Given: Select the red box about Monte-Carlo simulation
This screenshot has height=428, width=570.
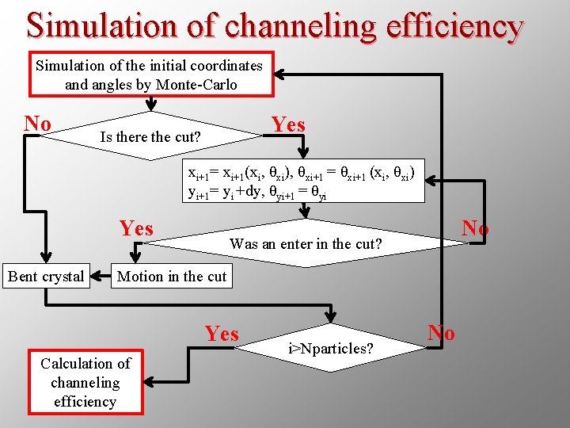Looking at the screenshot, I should [150, 75].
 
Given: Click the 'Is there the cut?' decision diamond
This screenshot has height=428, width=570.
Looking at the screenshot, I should [150, 136].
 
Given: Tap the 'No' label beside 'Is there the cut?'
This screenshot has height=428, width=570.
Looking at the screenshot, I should [37, 124].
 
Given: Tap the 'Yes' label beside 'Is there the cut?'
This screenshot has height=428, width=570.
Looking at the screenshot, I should [288, 124].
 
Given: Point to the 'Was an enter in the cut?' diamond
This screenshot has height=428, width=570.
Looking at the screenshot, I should [306, 244].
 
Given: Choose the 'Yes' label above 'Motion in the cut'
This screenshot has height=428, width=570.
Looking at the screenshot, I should [136, 229].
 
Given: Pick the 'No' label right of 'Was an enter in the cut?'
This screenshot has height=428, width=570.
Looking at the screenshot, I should [475, 228].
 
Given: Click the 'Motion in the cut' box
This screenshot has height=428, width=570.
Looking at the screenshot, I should [172, 277].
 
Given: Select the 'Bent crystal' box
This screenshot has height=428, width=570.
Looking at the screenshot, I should [45, 277].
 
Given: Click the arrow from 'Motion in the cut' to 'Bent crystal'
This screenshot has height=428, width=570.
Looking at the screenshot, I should [100, 277].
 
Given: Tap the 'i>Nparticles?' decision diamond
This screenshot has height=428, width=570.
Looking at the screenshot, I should [331, 348].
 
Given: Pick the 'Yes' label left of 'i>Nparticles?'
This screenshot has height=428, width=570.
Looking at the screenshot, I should [221, 334].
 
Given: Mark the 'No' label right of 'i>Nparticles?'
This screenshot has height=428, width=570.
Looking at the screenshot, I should [441, 332].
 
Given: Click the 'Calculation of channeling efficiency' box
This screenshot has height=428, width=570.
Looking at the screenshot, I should [85, 383].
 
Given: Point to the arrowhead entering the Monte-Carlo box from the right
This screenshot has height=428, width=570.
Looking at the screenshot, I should [280, 75].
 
